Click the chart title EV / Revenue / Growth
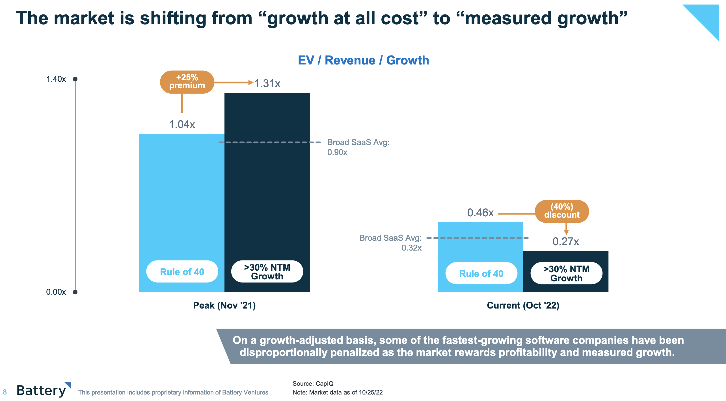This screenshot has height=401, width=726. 363,60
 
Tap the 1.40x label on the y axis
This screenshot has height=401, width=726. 56,79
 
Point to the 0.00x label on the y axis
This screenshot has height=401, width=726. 56,292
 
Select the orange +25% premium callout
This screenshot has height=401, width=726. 187,82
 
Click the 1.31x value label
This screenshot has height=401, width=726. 267,83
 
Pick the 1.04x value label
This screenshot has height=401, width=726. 182,124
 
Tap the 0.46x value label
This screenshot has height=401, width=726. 480,213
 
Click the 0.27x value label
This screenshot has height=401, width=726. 566,242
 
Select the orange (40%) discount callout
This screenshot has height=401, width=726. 562,211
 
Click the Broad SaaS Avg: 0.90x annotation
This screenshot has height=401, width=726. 358,147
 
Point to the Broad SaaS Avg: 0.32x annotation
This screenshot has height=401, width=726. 390,243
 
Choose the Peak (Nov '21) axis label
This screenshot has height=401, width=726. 224,305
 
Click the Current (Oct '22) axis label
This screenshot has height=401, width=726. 523,305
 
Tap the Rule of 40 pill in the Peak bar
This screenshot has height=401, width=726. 182,272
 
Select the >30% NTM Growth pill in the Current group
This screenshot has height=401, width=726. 566,273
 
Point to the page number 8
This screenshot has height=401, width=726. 5,392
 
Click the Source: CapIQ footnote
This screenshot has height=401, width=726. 313,383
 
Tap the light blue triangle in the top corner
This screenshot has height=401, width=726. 707,17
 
